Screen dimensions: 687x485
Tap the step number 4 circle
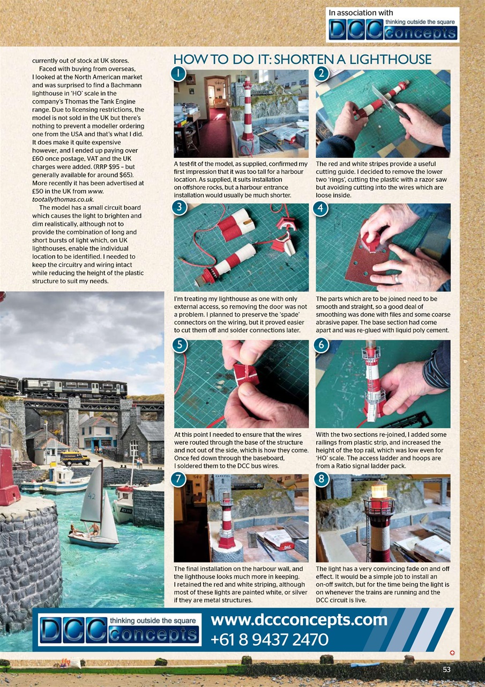point(321,208)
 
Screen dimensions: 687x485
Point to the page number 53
point(447,669)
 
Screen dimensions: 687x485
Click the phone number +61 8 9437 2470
point(270,639)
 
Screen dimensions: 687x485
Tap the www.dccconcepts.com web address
point(299,620)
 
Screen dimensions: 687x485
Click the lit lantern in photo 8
point(379,490)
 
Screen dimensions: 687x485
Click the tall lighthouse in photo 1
point(247,113)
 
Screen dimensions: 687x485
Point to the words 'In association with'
point(361,12)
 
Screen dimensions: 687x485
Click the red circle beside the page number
point(452,653)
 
